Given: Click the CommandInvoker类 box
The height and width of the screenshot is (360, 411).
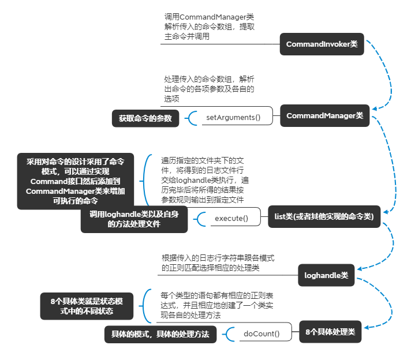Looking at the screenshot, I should point(322,44).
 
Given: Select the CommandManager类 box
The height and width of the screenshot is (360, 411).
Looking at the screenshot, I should point(324,116).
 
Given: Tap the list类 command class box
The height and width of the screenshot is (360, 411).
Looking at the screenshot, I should point(324,217).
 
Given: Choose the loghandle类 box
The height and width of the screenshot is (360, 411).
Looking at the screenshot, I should point(326,276).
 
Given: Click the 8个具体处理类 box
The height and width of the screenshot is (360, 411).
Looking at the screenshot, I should point(330,332).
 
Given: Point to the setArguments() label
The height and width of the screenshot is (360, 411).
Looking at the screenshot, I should point(233,118).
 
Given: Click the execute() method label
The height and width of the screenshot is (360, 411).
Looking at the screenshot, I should point(231,218).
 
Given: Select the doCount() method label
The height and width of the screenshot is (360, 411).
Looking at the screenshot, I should point(261,333).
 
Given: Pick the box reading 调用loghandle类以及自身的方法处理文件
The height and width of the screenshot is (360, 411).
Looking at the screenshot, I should point(134,219).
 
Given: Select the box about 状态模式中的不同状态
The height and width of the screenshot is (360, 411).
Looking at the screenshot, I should point(87,306).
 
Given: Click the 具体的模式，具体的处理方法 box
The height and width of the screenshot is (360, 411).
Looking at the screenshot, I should point(160,335).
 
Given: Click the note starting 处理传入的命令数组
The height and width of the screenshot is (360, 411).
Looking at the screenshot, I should point(209,89).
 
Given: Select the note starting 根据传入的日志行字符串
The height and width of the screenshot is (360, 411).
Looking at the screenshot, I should point(218,262).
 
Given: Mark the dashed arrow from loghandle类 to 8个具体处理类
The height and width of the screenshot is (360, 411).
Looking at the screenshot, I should point(380,306).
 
